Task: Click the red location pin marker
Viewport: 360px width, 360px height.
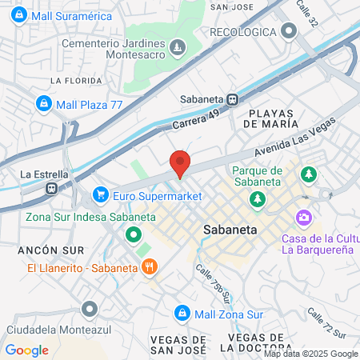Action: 180,162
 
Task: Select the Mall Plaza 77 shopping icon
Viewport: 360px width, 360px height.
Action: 45,103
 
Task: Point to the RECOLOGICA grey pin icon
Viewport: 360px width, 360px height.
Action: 290,31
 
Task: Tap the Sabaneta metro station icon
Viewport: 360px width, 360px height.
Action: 232,100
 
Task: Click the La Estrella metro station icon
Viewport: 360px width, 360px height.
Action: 50,189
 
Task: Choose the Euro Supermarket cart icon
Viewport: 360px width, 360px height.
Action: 101,194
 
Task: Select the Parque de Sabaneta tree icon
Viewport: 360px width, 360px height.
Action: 257,197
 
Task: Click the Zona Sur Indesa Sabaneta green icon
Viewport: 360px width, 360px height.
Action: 133,235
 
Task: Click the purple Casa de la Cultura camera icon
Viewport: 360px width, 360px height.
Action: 303,217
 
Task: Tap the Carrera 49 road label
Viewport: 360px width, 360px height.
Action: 195,121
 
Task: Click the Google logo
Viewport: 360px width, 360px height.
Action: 26,350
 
